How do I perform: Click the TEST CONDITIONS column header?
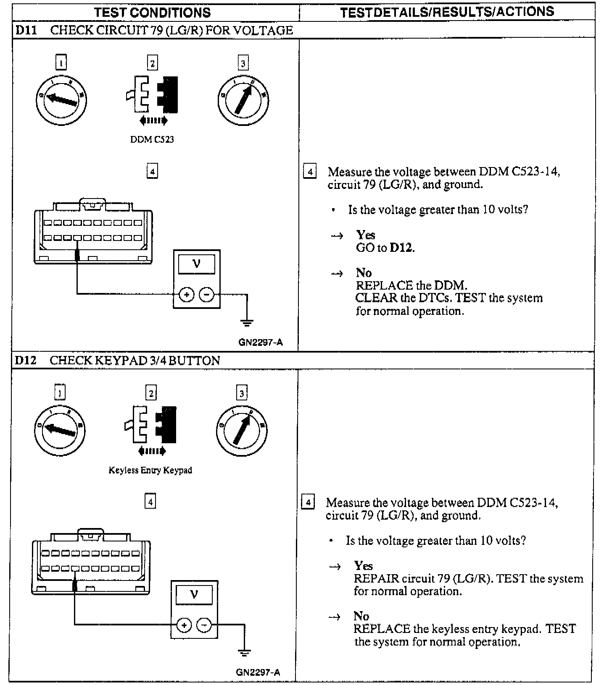coord(153,12)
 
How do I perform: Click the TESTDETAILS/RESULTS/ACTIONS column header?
coord(447,12)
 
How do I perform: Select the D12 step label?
coord(26,361)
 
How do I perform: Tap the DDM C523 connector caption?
coord(152,139)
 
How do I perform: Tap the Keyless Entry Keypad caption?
coord(150,470)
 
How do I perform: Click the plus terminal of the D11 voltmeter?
coord(187,295)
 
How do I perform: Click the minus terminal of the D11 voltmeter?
coord(206,295)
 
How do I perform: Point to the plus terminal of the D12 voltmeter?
coord(184,626)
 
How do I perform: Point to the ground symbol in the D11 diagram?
coord(247,322)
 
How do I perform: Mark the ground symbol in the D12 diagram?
coord(244,653)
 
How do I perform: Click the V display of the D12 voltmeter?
coord(194,594)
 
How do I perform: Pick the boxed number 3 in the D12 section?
coord(241,393)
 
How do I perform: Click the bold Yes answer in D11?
coord(365,235)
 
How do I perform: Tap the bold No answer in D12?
coord(361,616)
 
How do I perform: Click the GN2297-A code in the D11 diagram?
coord(261,342)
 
